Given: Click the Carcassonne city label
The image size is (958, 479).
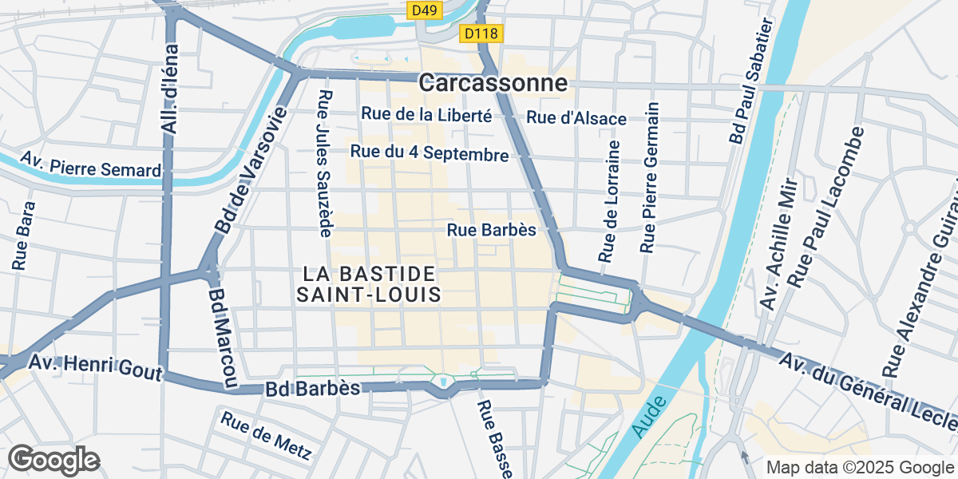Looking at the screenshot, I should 493,83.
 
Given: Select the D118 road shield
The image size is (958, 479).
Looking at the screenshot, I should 480,34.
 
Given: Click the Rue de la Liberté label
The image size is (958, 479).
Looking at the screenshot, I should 426,115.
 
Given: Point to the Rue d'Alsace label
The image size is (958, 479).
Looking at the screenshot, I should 576,118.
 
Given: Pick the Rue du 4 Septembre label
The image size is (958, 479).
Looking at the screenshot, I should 429,153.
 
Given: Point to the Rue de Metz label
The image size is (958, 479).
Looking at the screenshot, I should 266,436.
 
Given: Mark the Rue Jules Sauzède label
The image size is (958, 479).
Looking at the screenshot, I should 325,164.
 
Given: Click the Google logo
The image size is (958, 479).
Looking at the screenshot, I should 53,460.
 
